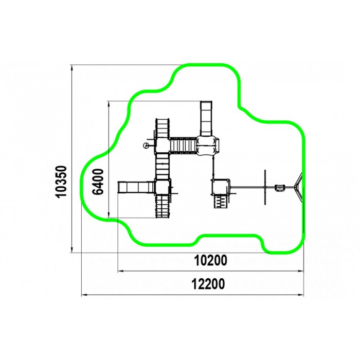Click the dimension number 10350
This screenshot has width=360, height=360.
[x=61, y=182]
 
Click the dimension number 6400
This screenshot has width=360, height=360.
[x=98, y=182]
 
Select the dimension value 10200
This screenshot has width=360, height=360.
[x=211, y=260]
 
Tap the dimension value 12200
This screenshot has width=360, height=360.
[x=208, y=284]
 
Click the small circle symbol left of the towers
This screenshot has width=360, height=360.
[x=146, y=145]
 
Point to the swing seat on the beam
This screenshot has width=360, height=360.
[x=280, y=188]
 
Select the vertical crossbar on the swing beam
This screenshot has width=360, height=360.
[x=265, y=187]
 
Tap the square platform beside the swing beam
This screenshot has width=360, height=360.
[x=221, y=187]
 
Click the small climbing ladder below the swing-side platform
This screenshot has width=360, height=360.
[x=221, y=202]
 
